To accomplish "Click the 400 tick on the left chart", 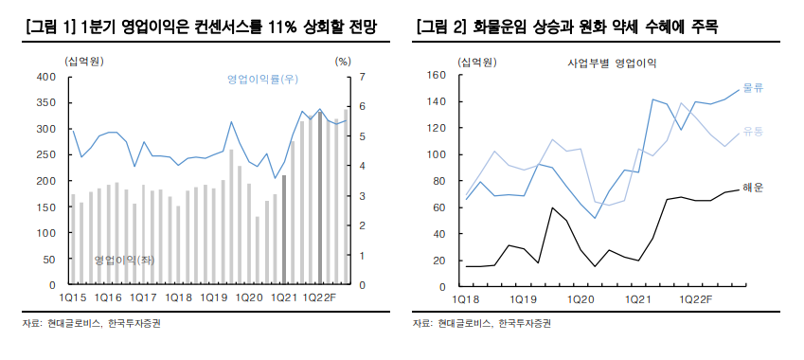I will click(47, 76).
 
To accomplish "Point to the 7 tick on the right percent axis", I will click(363, 76).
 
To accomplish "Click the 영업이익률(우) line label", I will click(262, 78).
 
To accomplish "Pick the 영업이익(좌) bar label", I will click(125, 259).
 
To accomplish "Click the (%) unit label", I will click(343, 61).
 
